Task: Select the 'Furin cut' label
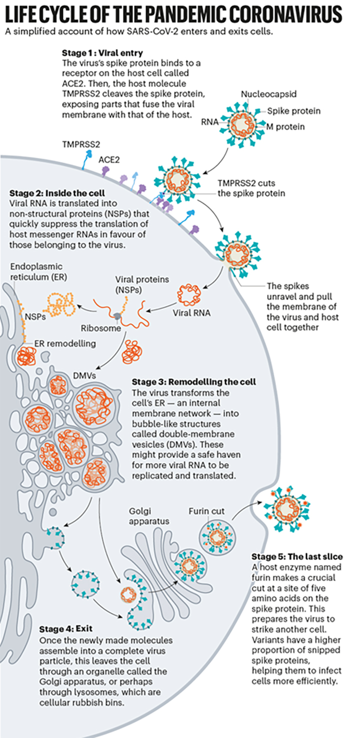[206, 511]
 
